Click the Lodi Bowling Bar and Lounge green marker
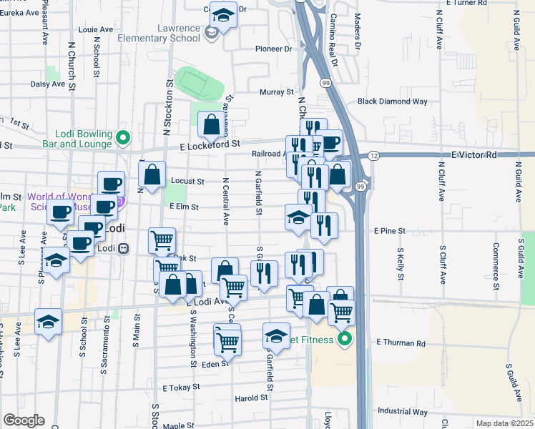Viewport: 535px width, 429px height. tap(123, 137)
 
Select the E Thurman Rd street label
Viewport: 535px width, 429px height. tap(400, 344)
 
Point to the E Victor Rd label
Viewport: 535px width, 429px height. tap(473, 154)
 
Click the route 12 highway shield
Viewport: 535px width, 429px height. tap(373, 155)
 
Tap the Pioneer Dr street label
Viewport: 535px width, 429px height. tap(274, 49)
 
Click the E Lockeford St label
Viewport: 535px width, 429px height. tap(210, 144)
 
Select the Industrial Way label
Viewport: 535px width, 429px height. tap(403, 411)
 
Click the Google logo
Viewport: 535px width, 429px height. tap(23, 420)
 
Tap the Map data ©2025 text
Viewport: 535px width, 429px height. tap(505, 423)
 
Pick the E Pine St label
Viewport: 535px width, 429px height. tap(389, 231)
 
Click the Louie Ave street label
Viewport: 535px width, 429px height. tap(97, 30)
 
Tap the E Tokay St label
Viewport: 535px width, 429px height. tap(180, 388)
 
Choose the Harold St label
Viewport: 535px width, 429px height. tap(250, 398)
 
